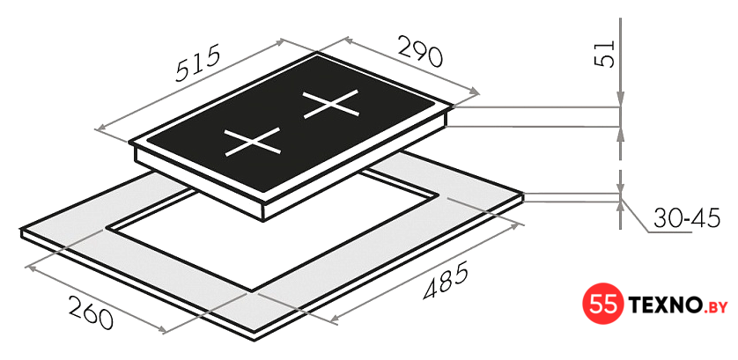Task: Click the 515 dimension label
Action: pyautogui.click(x=197, y=63)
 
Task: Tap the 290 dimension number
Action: pyautogui.click(x=420, y=51)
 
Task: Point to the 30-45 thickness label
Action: pyautogui.click(x=686, y=219)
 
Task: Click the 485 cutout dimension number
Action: pyautogui.click(x=446, y=280)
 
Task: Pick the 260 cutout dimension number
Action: pyautogui.click(x=91, y=312)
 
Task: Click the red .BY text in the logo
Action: pyautogui.click(x=714, y=307)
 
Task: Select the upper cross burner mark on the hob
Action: pyautogui.click(x=331, y=104)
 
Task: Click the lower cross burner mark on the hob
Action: pyautogui.click(x=253, y=141)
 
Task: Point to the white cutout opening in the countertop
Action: pyautogui.click(x=272, y=234)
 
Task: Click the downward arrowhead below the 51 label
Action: pyautogui.click(x=621, y=99)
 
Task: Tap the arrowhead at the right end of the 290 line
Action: pyautogui.click(x=474, y=92)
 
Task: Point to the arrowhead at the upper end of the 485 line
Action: pyautogui.click(x=518, y=225)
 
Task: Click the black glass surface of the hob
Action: pyautogui.click(x=292, y=123)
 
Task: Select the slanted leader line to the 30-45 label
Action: pyautogui.click(x=635, y=216)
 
